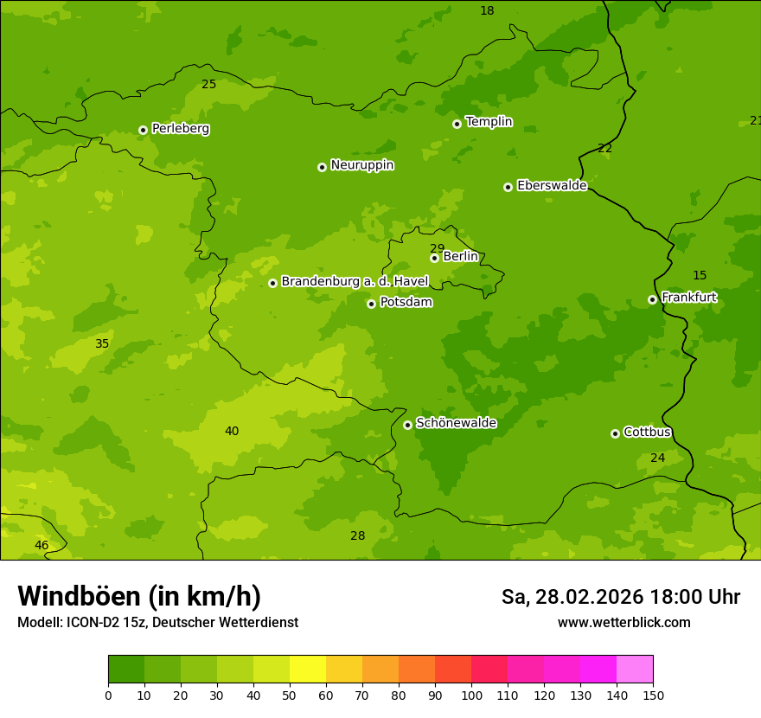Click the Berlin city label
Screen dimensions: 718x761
click(460, 256)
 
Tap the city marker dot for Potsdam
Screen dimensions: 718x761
click(371, 304)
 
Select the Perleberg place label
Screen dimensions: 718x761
click(180, 128)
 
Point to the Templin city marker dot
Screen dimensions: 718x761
click(457, 124)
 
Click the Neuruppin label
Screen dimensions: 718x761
click(361, 164)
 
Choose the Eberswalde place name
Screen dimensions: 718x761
click(552, 185)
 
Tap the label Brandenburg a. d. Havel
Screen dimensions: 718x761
click(355, 281)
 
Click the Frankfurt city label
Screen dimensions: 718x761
click(688, 297)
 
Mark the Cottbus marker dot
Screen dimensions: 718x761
click(615, 433)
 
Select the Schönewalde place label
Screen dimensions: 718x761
click(456, 423)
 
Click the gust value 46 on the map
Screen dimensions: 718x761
click(42, 545)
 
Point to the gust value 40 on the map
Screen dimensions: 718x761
click(232, 431)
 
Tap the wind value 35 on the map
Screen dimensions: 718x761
click(102, 343)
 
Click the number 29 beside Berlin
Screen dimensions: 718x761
click(437, 248)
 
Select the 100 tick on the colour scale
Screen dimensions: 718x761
click(471, 695)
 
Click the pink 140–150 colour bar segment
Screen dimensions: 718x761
click(635, 670)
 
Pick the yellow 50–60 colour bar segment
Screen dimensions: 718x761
click(308, 670)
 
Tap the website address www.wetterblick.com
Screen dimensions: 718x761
click(624, 622)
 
